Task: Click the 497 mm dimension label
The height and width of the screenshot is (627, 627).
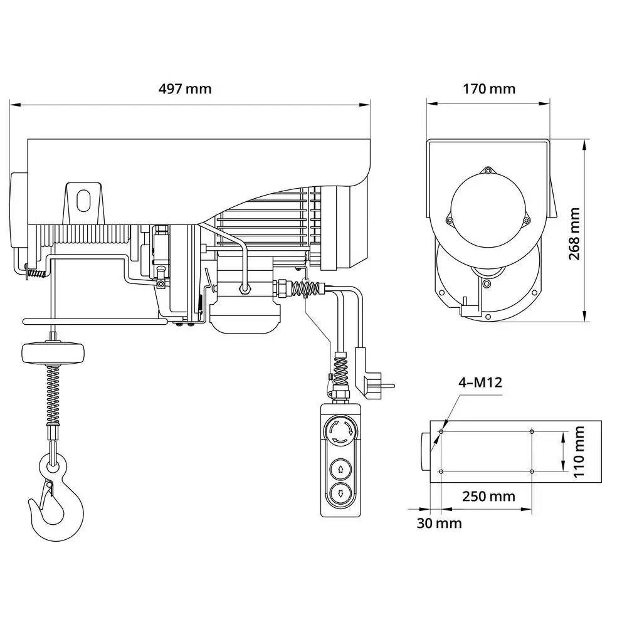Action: coord(184,88)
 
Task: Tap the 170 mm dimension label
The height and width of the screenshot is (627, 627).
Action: coord(489,88)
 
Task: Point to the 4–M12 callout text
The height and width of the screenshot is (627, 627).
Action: coord(480,382)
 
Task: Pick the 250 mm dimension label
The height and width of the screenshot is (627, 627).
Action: coord(489,497)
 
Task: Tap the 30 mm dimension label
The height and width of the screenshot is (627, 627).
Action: coord(439,523)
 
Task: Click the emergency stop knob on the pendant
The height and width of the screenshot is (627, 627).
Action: coord(340,432)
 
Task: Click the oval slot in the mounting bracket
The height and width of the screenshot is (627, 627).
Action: coord(83,200)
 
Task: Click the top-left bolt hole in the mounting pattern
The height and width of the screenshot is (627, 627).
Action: coord(441,431)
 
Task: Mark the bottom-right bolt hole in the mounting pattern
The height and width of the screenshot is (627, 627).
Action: coord(532,472)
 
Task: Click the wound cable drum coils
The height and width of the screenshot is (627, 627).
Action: coord(88,235)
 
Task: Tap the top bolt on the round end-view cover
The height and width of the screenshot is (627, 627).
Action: coord(488,170)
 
